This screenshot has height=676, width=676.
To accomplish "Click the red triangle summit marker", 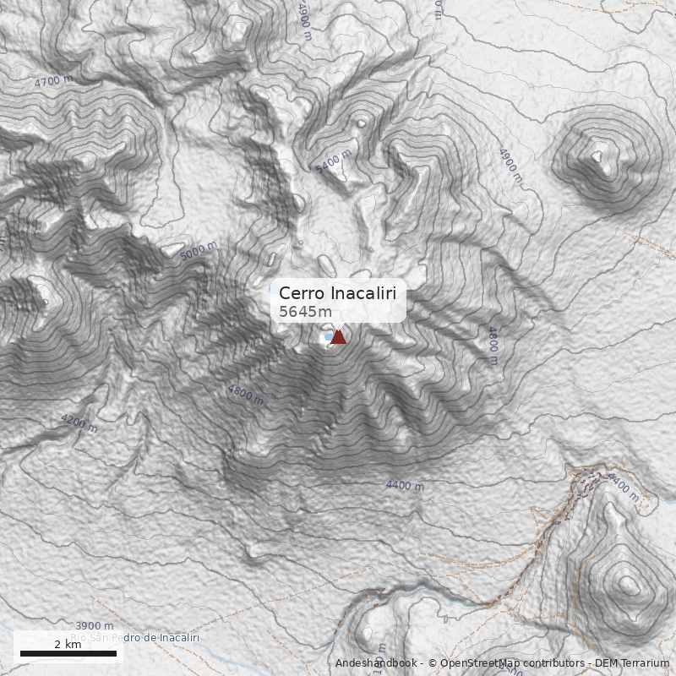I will click(x=338, y=337).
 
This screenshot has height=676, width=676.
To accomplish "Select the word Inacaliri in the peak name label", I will click(x=363, y=293).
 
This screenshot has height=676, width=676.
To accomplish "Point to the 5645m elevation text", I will click(x=306, y=312).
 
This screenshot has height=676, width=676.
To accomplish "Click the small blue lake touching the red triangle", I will click(x=327, y=338).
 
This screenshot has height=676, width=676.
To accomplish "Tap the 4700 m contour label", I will click(x=54, y=82).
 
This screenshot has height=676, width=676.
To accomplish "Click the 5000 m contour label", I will click(x=199, y=251).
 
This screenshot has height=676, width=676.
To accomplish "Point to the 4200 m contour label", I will click(x=79, y=423).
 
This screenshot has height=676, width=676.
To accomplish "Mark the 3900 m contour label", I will click(x=94, y=625).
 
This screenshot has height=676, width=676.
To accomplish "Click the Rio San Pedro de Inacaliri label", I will click(x=135, y=637).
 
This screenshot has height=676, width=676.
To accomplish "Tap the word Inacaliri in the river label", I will click(x=177, y=637).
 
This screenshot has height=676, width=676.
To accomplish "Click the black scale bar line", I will click(x=68, y=653).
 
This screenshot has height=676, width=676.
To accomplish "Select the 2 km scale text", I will click(x=68, y=644).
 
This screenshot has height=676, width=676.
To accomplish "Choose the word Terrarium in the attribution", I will click(x=644, y=663).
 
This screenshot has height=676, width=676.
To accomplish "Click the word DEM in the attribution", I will click(x=606, y=663).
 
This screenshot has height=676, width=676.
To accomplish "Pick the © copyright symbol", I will click(x=432, y=663).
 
